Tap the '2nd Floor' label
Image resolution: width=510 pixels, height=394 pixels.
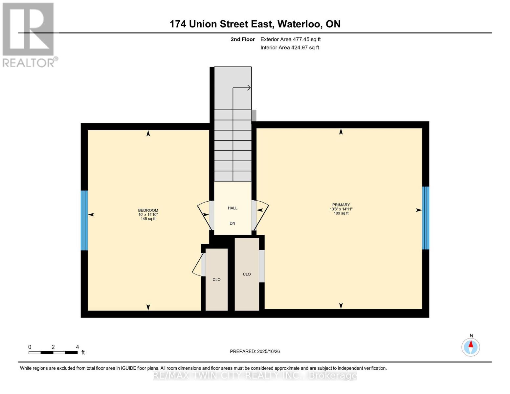[x=242, y=39]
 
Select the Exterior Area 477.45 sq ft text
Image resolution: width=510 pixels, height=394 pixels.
[x=290, y=39]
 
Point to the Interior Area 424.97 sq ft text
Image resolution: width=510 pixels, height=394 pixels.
[x=290, y=48]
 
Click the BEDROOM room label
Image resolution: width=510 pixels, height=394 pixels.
[x=148, y=210]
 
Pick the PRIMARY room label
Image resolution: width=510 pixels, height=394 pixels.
[x=341, y=205]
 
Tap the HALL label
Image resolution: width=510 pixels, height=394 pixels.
[x=233, y=208]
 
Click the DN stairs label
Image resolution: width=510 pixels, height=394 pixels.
[x=232, y=224]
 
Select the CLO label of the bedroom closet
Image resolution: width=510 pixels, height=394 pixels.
[x=216, y=280]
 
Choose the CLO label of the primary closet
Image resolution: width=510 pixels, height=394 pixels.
[x=247, y=274]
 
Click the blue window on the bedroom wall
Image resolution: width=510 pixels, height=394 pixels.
[x=84, y=220]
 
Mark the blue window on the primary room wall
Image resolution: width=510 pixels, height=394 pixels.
[x=425, y=218]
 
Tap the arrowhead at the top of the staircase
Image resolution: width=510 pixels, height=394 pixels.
[x=249, y=88]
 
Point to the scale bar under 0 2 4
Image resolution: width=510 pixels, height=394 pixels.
[x=53, y=353]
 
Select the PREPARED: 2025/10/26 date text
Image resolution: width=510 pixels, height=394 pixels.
[x=255, y=351]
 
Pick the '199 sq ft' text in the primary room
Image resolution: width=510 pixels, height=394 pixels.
[x=341, y=213]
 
